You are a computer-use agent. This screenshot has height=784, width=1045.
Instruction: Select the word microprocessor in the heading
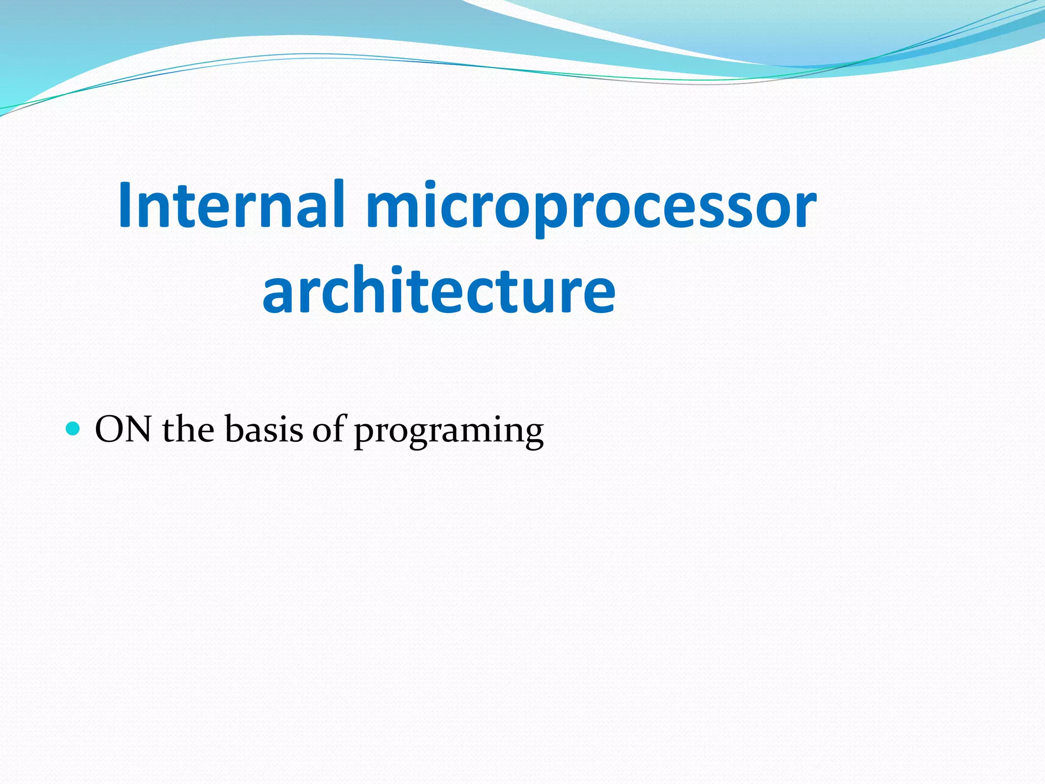coord(591,207)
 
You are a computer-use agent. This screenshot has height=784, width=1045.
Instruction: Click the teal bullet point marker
coord(73,428)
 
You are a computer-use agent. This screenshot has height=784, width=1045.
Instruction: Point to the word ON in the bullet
coord(123,429)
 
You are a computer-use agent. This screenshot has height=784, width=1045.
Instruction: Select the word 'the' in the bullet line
coord(188,429)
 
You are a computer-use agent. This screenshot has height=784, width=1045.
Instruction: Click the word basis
coord(264,429)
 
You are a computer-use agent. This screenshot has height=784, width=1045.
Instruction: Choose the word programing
coord(449,431)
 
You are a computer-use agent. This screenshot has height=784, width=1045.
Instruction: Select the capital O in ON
coord(110,429)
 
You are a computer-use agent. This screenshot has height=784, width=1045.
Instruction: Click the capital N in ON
coord(137,429)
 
